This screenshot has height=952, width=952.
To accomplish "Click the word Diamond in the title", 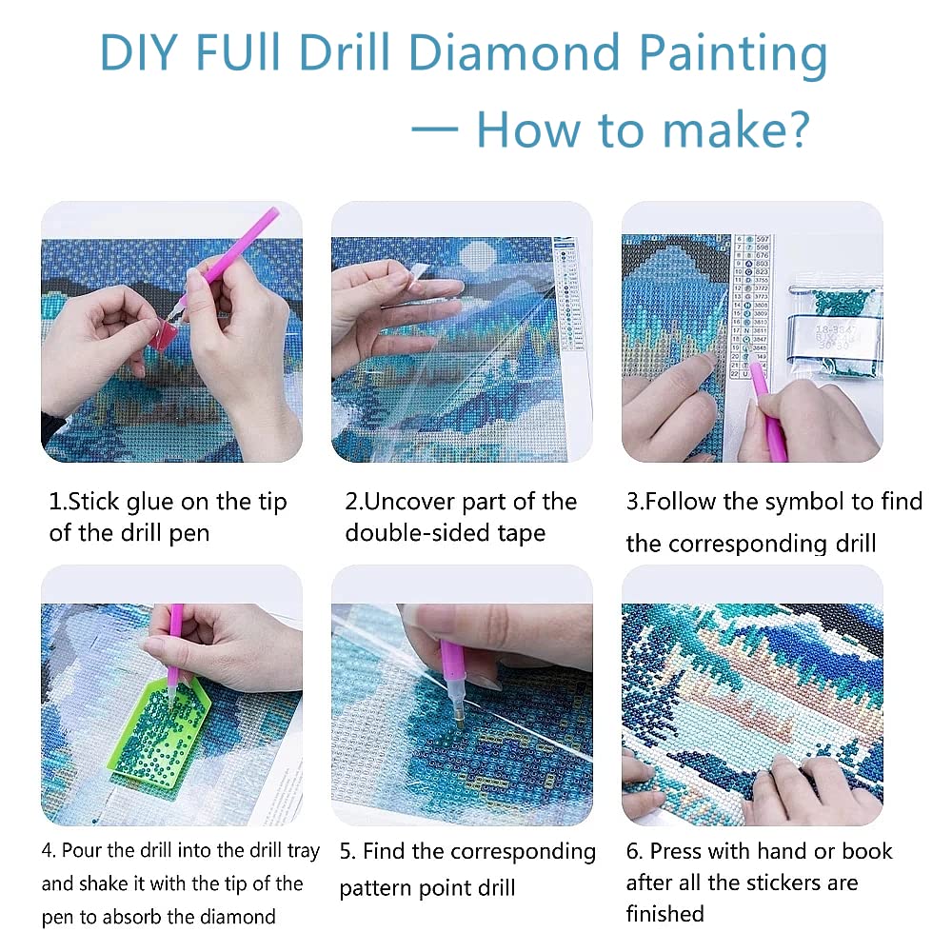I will click(530, 54).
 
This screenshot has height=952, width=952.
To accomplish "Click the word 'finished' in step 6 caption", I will click(664, 914).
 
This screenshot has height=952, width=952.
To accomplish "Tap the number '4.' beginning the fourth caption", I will click(49, 851).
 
